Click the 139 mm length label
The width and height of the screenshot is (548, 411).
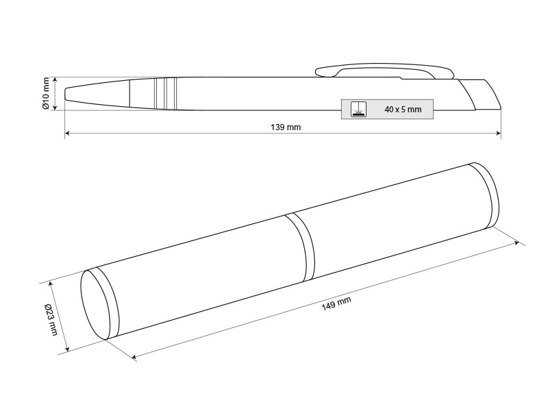click(x=286, y=127)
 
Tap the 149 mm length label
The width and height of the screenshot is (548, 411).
click(x=336, y=303)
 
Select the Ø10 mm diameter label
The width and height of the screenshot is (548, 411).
click(x=46, y=94)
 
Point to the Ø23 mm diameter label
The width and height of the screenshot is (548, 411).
click(x=51, y=320)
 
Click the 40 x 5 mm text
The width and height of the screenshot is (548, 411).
click(x=403, y=110)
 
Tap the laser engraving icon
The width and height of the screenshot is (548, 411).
click(x=358, y=109)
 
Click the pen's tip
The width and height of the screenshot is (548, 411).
click(x=66, y=94)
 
